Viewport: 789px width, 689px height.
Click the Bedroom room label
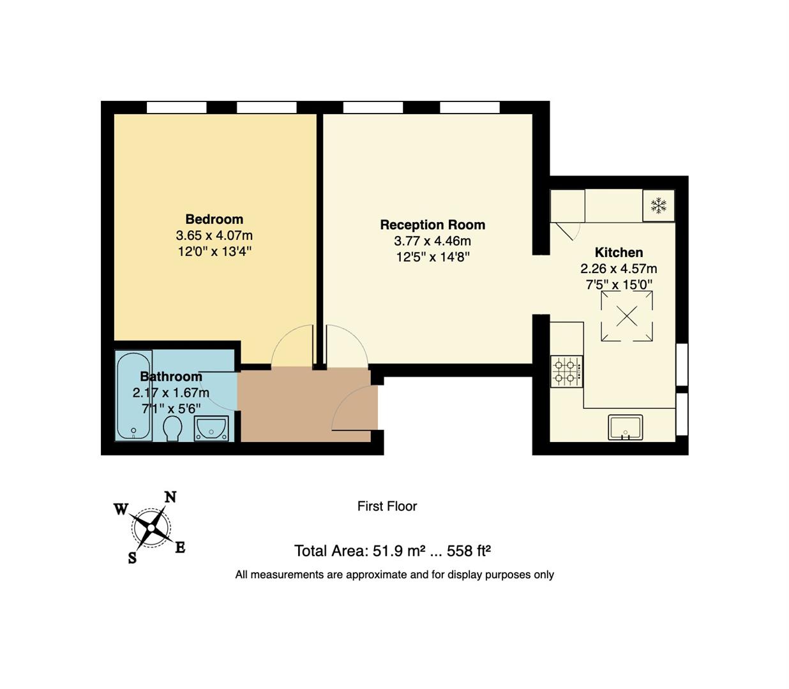[214, 219]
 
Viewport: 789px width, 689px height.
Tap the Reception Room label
[432, 225]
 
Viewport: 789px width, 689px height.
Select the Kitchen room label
[619, 252]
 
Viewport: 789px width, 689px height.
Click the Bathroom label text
[170, 376]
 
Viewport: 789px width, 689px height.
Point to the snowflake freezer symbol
[658, 205]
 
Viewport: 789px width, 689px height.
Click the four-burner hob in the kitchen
[566, 371]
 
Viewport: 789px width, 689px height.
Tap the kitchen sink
[625, 427]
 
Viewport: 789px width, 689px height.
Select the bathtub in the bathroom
[134, 396]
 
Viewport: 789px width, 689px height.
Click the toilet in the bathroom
[172, 429]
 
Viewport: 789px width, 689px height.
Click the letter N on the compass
[170, 497]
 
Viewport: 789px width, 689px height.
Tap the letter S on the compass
[132, 558]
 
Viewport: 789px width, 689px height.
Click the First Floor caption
[387, 506]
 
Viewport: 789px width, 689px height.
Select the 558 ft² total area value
[469, 551]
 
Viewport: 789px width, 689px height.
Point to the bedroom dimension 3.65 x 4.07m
[214, 235]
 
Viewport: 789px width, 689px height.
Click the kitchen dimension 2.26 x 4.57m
[619, 269]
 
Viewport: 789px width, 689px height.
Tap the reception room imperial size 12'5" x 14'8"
[432, 257]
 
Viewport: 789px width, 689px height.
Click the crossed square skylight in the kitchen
[626, 316]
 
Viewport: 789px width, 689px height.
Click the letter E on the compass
[180, 547]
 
